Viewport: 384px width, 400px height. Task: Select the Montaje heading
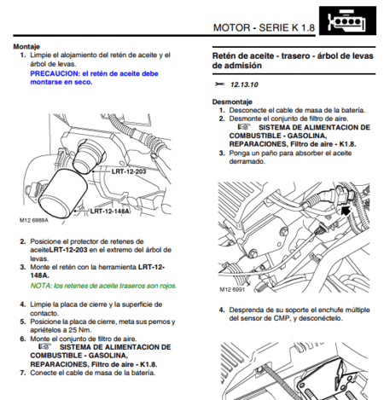pyautogui.click(x=26, y=47)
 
